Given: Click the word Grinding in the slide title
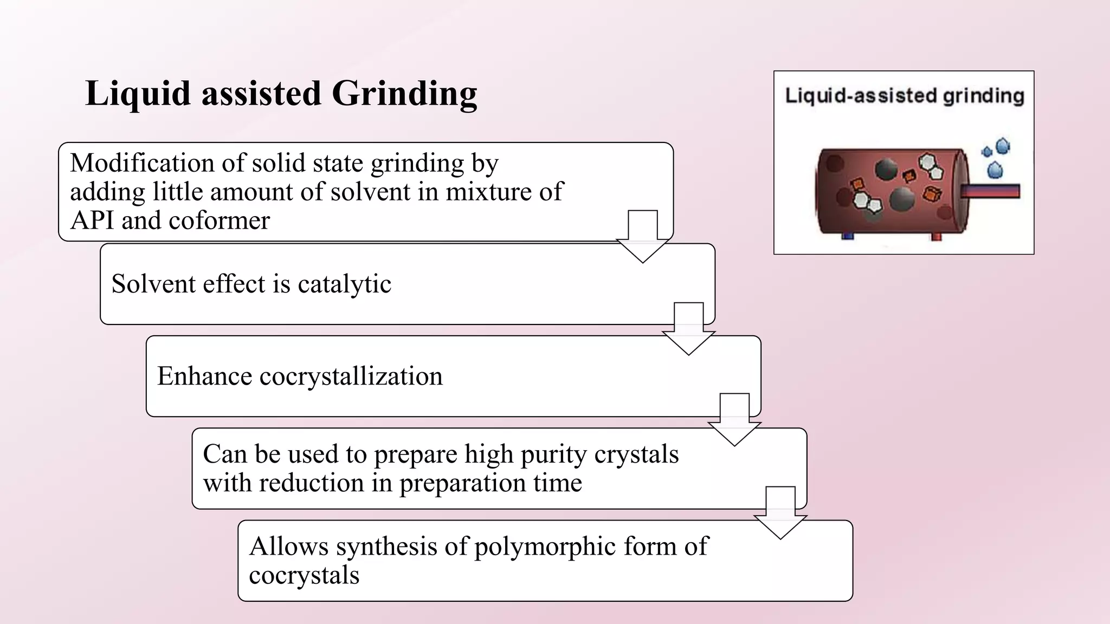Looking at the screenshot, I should [x=404, y=94].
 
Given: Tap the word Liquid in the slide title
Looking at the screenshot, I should [x=139, y=94].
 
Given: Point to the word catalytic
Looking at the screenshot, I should [x=344, y=284].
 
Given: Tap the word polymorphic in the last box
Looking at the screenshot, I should [x=545, y=547].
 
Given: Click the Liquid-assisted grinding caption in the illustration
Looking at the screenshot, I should [x=904, y=96].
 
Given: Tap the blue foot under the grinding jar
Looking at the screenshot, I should [x=848, y=236].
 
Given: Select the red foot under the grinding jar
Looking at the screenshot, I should [x=936, y=236].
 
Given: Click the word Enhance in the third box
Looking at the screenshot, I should [x=204, y=376].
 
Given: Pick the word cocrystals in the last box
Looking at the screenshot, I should [x=304, y=576].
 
